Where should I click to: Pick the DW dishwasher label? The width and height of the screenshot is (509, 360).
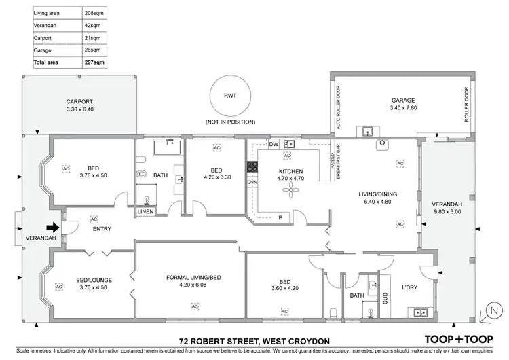pos(274,145)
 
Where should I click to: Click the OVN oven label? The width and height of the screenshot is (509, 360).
pos(252,183)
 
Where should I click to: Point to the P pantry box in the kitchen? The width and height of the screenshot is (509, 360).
pos(280,217)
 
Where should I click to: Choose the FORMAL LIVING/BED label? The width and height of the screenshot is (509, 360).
pos(193,277)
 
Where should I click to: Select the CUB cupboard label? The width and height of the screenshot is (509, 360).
pos(385,297)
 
